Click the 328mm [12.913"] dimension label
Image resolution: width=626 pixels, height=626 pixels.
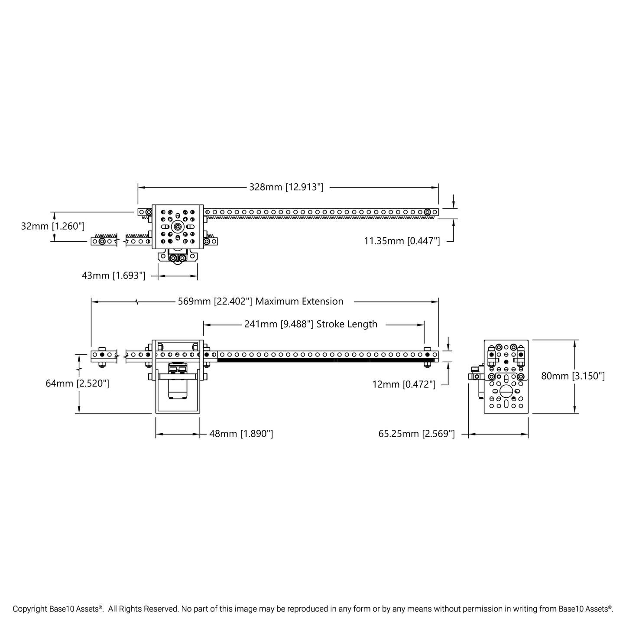click(286, 187)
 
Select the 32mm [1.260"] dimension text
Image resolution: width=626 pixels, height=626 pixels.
click(53, 226)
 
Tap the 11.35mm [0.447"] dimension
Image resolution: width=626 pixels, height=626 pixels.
click(402, 241)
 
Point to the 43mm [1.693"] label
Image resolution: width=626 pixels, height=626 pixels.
click(114, 276)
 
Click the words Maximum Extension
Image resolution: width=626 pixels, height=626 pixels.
click(299, 302)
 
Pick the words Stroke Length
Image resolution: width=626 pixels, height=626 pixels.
click(347, 324)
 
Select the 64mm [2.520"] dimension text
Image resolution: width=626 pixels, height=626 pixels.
click(77, 383)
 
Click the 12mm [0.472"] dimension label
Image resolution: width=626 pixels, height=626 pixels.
click(404, 384)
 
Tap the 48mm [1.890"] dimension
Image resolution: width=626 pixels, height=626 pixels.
click(241, 434)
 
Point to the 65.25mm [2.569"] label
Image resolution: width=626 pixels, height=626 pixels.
click(416, 434)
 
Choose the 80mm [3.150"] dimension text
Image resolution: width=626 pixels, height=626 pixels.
click(573, 376)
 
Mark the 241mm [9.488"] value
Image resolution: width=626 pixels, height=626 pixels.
click(279, 324)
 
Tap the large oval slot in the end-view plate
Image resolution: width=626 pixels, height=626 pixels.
click(506, 391)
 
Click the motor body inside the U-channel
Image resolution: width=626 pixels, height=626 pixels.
click(177, 388)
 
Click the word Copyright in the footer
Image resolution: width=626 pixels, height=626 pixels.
click(30, 609)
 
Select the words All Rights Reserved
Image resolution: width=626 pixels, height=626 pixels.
click(143, 609)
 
